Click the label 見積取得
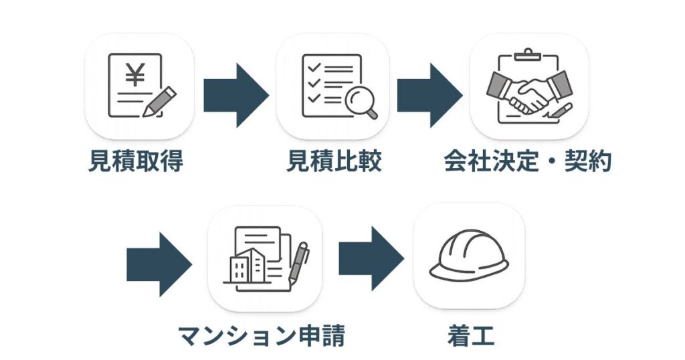coord(135,162)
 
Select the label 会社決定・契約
coord(528,162)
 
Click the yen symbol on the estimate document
coord(135,76)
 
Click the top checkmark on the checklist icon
coord(311,68)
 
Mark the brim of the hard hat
coord(468,274)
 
